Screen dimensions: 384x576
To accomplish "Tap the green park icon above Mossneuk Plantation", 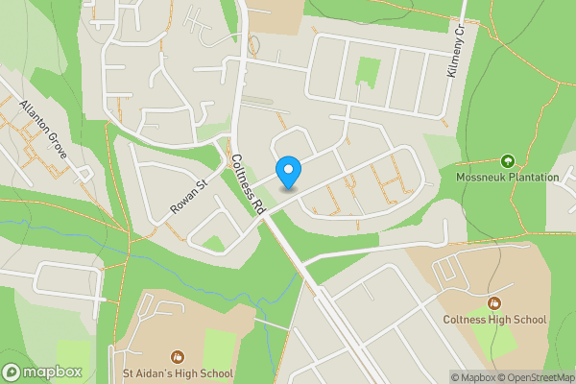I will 507,161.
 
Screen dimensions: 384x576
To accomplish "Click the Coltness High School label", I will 494,320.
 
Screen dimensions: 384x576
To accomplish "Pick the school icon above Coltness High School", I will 494,303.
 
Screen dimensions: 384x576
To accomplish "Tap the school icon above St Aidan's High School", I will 177,356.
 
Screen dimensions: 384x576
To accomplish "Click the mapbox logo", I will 43,372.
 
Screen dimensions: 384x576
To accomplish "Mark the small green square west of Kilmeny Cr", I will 368,71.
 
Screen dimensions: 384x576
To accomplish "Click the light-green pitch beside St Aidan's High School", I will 220,348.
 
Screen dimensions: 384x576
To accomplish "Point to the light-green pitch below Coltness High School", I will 495,342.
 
